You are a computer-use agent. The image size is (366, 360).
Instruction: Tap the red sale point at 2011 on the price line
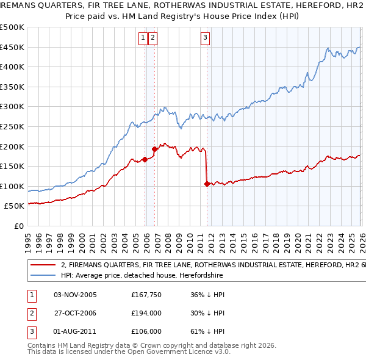(x=207, y=184)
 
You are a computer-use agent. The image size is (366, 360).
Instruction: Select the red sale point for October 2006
(x=154, y=148)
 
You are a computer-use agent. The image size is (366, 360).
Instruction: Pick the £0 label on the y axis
(x=20, y=226)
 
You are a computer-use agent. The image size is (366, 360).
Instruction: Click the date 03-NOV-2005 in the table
(x=75, y=295)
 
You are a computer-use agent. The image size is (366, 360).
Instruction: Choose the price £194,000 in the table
(x=146, y=313)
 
